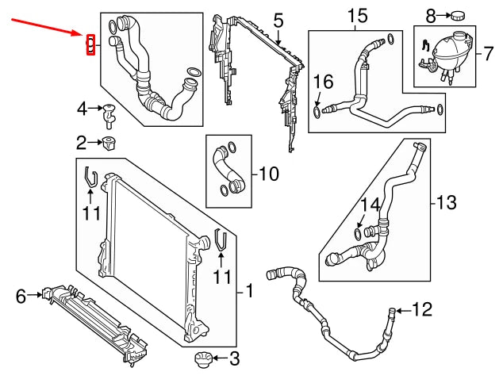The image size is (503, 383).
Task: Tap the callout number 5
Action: tap(278, 18)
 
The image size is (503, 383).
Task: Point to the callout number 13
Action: tap(446, 203)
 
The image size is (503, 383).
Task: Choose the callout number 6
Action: tap(21, 297)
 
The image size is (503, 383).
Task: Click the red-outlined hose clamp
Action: tap(90, 45)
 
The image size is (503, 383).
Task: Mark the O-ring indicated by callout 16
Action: tap(318, 113)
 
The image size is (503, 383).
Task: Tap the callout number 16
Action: tap(323, 82)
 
